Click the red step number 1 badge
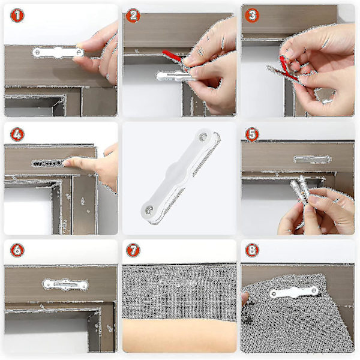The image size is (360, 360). [17, 15]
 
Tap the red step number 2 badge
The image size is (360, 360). [133, 16]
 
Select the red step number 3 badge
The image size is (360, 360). [252, 15]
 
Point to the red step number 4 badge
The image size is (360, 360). [17, 134]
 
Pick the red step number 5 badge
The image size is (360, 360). [252, 134]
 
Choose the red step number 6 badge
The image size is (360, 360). [17, 250]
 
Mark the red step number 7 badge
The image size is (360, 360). [133, 250]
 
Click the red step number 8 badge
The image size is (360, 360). [252, 250]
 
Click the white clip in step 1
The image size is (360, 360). [58, 53]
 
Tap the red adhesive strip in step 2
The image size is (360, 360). [173, 57]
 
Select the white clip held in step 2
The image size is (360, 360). [175, 76]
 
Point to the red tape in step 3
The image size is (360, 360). [287, 68]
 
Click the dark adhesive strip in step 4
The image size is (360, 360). [48, 163]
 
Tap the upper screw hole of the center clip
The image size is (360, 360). [203, 137]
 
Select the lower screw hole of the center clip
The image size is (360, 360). [149, 210]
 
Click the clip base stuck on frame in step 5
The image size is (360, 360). [312, 160]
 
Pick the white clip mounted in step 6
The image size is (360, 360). [65, 284]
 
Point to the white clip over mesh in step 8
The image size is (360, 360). [294, 292]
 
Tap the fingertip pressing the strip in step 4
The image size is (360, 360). [67, 163]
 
